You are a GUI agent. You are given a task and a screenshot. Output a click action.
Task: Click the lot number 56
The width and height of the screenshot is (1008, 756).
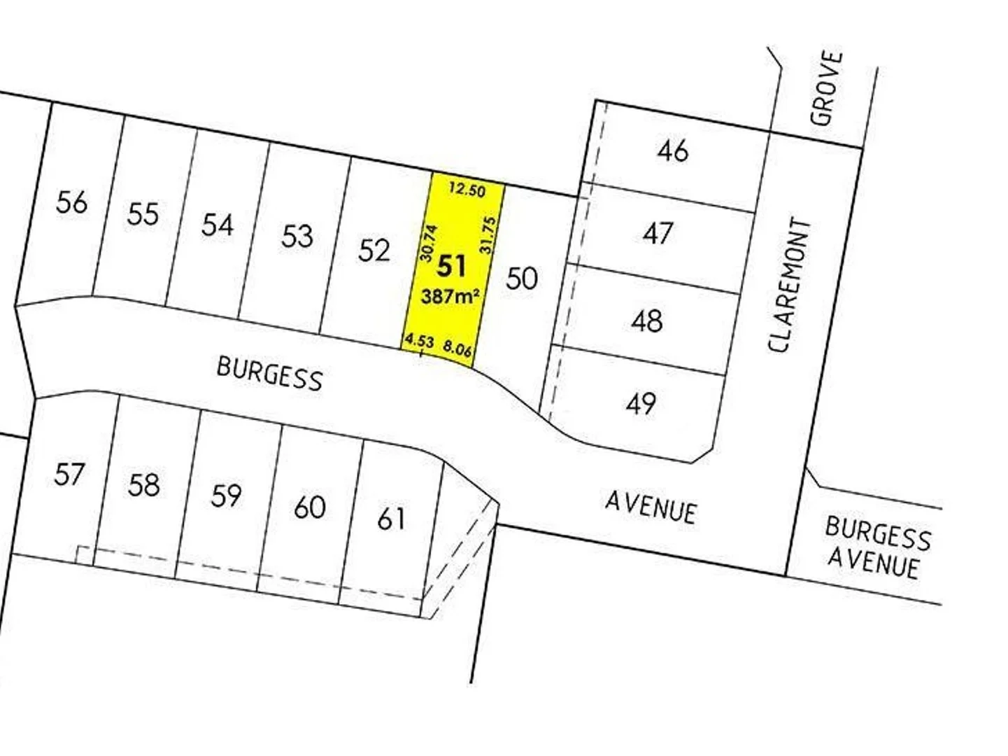point(72,202)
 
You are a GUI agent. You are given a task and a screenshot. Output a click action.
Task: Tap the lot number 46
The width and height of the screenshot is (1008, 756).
point(673,150)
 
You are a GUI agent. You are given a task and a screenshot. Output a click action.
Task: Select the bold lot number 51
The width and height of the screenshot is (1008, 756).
point(451,266)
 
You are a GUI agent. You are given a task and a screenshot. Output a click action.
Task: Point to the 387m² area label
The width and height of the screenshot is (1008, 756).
point(450,296)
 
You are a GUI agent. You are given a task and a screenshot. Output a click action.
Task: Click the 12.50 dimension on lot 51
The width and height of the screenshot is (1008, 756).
point(467,189)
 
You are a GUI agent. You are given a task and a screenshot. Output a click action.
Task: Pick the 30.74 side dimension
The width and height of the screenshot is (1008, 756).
point(428,242)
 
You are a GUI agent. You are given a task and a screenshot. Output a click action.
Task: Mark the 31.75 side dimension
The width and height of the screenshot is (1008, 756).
point(488,235)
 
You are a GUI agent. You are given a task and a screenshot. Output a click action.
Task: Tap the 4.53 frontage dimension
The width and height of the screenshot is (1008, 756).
point(419,341)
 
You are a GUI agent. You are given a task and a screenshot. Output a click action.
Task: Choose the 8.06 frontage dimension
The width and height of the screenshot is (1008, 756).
point(457,348)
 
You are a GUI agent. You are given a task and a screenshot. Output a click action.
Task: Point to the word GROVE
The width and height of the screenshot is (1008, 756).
point(827,88)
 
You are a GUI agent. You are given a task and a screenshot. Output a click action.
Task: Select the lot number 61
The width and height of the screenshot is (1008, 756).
point(391,519)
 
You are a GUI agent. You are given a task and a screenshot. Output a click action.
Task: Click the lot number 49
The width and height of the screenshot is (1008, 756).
point(641,403)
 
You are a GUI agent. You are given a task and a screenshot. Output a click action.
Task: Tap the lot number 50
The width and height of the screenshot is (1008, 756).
point(522,278)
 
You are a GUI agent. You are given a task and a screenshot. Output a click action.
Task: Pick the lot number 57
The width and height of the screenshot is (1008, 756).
point(69,474)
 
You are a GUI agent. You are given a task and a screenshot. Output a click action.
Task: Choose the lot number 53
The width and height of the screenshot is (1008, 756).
point(297,237)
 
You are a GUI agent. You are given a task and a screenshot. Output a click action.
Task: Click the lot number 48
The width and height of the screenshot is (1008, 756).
point(647,321)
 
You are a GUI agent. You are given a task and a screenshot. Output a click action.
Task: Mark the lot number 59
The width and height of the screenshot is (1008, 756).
point(226,496)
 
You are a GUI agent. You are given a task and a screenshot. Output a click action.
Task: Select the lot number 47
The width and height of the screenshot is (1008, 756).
point(658,233)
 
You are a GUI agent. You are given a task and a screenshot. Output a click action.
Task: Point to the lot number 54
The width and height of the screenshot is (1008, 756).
point(218,225)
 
